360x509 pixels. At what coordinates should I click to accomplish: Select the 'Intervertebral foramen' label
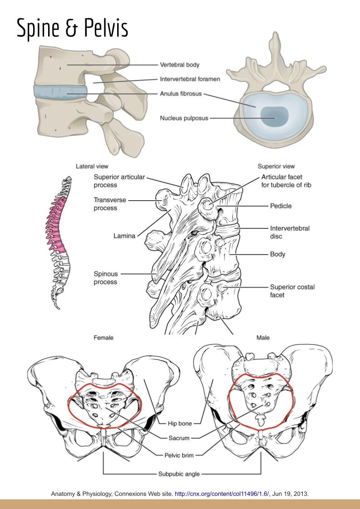(190, 79)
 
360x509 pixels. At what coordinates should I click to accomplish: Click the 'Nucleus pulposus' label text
(184, 119)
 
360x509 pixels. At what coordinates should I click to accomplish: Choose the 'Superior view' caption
(276, 166)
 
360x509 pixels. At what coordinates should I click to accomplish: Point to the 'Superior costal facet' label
(292, 291)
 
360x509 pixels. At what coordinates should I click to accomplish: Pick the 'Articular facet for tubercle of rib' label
(291, 181)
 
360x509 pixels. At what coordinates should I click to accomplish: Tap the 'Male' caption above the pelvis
(263, 338)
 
